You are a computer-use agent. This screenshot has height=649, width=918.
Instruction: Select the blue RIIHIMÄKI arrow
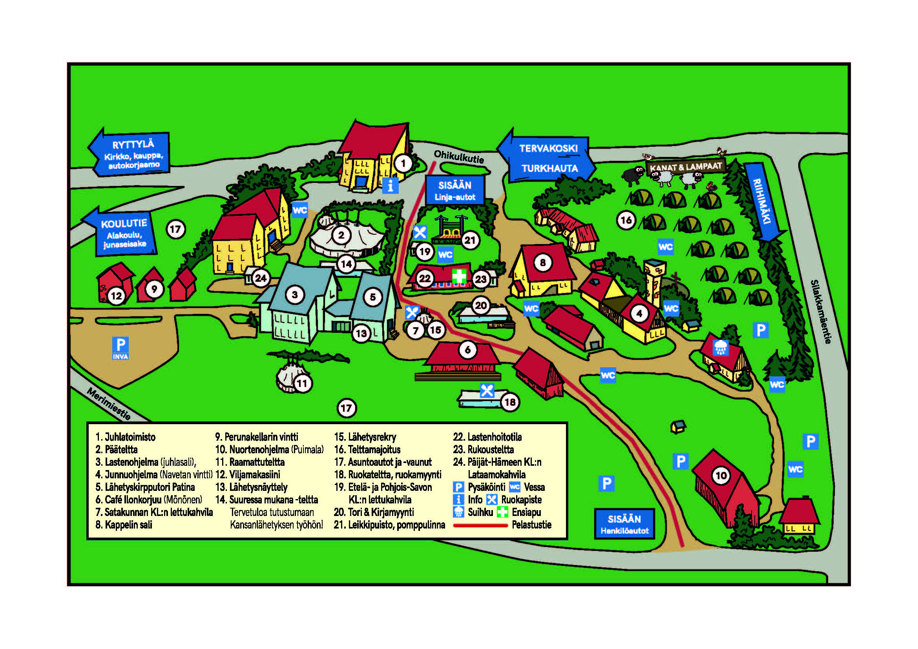point(764,202)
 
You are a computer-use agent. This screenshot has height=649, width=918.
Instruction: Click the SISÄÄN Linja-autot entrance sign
point(454,191)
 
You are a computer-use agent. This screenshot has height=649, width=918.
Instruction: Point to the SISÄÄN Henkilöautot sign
point(624,524)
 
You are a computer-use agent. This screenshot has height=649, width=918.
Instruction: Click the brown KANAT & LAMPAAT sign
point(685,167)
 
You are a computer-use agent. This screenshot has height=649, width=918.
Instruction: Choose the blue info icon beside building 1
point(390,186)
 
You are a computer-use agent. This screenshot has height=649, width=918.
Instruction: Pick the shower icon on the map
point(721,348)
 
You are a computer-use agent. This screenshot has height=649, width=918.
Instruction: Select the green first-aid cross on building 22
point(459,276)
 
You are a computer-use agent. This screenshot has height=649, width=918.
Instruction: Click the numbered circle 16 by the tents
point(626,220)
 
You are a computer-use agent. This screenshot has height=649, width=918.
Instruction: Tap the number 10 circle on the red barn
point(721,476)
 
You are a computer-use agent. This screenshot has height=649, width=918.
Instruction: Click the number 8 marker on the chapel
point(542,263)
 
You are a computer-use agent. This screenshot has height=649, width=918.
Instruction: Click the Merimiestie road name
point(109,404)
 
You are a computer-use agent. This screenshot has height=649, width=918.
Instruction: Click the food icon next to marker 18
point(487,390)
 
